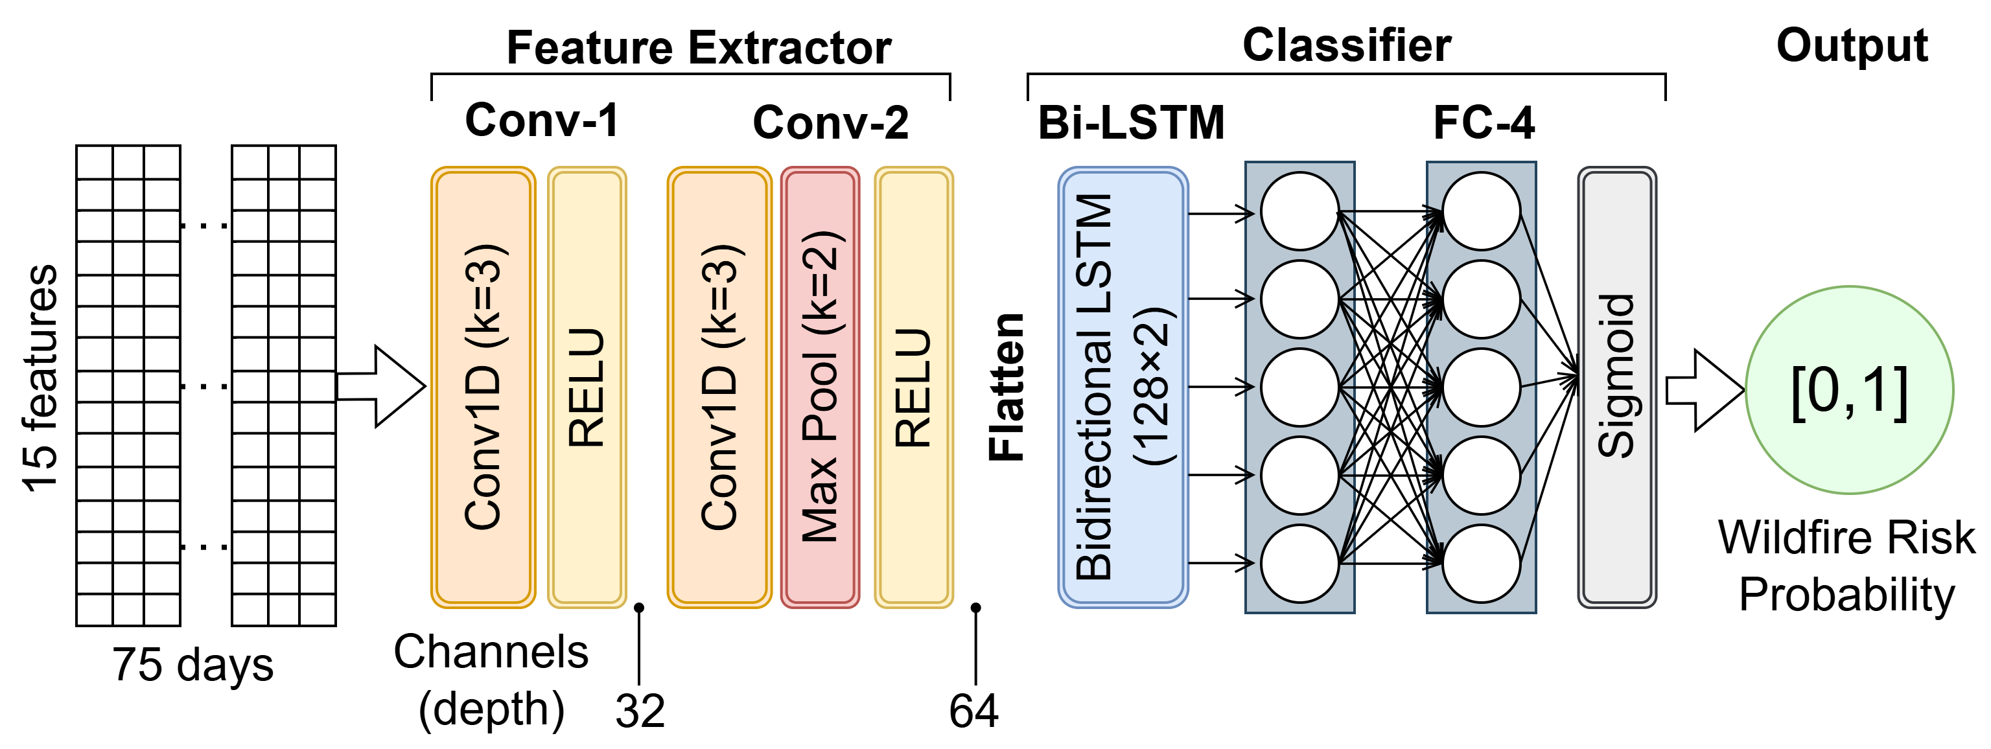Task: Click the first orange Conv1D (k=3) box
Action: [483, 386]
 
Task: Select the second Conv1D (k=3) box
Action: [719, 386]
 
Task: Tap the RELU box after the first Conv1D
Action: [587, 386]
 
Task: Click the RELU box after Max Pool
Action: [914, 386]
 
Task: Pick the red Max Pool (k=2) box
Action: [820, 386]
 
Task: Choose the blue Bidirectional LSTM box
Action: [1123, 386]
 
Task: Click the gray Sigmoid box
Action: [1616, 386]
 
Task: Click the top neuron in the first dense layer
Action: [1299, 211]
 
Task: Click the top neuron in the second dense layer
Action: [1481, 211]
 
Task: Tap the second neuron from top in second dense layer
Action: [1481, 299]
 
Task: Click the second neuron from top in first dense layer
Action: [1299, 299]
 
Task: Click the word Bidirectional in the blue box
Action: [1093, 456]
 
